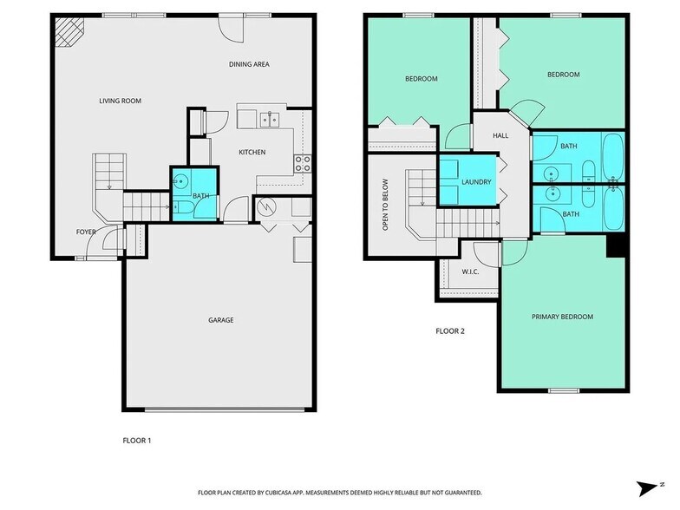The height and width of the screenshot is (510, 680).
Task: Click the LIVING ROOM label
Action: point(120,101)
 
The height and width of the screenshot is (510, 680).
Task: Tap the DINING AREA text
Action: point(248,64)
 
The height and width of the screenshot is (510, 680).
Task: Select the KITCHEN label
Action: point(252,153)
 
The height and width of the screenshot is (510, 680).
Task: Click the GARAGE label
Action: point(220,320)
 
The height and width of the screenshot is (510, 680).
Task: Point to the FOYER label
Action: point(86,232)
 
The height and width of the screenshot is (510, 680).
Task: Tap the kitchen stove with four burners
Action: point(302,163)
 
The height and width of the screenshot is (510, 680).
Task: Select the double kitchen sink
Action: point(271,119)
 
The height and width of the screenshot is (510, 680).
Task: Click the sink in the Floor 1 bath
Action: point(180,182)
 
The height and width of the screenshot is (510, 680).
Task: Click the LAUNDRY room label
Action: point(476,182)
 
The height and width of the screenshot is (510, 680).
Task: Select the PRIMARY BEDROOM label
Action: point(562,317)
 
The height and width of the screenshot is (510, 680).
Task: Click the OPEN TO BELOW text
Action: point(385,205)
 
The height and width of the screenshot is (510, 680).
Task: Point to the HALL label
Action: point(500,136)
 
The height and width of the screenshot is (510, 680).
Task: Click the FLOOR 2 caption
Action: point(451,330)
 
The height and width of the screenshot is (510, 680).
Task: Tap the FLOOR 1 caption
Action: point(137,441)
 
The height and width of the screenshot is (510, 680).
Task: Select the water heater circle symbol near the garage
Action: point(267,207)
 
